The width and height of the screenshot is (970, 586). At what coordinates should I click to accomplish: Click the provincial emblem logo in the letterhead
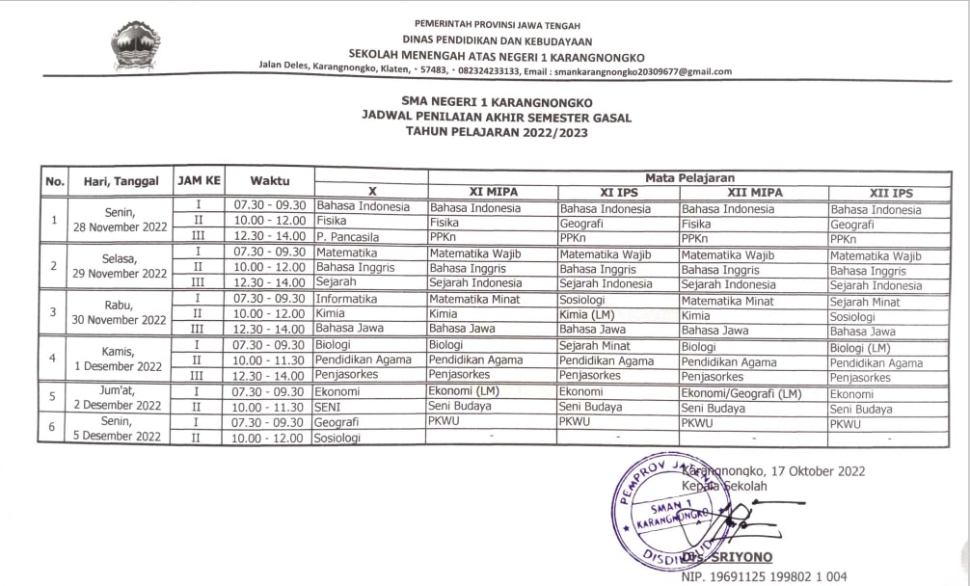point(136,45)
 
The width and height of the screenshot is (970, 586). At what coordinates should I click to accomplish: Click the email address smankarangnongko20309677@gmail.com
point(641,71)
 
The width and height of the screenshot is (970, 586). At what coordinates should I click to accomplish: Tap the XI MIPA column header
point(493,192)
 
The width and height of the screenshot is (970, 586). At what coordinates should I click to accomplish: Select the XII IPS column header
point(890,193)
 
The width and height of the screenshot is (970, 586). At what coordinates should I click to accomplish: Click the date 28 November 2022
point(121,227)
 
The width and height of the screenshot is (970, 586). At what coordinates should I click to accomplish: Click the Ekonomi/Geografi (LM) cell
point(741,393)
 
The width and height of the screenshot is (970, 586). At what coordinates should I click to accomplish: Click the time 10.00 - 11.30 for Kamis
point(269,360)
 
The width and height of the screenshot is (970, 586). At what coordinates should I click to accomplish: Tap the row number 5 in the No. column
point(53,397)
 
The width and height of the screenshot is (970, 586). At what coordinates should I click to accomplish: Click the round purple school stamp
point(663,507)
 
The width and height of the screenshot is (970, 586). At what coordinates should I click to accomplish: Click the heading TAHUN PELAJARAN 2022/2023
point(497,132)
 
